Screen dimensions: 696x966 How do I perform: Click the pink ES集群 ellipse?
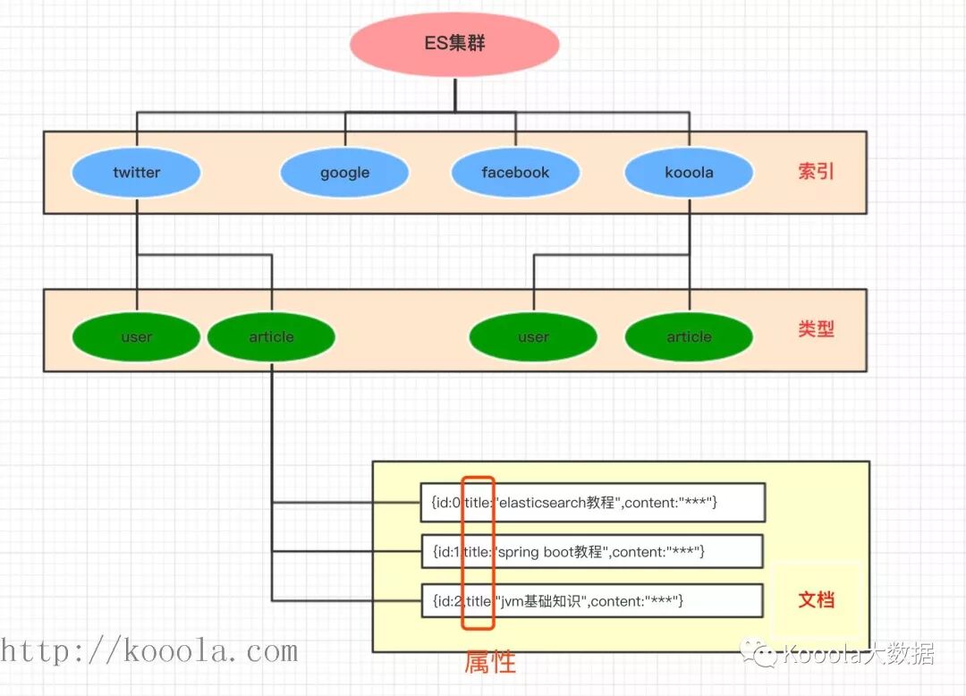(x=454, y=44)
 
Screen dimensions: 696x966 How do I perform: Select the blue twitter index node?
(x=137, y=173)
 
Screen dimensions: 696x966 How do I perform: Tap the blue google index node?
(x=344, y=173)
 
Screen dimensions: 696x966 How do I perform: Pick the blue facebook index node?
(x=515, y=173)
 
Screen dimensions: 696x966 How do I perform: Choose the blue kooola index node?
(x=689, y=173)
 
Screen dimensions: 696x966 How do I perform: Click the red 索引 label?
(x=816, y=172)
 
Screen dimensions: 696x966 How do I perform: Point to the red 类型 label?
(x=816, y=329)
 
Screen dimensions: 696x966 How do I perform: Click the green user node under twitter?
(x=137, y=337)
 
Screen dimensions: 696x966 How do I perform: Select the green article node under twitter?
(x=271, y=337)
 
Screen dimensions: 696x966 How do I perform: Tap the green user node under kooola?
(x=533, y=337)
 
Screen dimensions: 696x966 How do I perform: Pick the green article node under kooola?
(x=689, y=337)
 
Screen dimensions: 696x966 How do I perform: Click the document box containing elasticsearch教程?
(x=592, y=503)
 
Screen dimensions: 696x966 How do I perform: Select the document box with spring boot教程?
(x=592, y=552)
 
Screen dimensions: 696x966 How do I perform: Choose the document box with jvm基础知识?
(x=592, y=601)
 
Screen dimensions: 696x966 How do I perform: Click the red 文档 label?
(x=816, y=599)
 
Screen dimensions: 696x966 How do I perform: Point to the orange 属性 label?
(x=490, y=662)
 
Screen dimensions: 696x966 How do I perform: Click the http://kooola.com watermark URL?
(x=148, y=651)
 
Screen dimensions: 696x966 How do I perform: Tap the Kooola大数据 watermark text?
(x=859, y=655)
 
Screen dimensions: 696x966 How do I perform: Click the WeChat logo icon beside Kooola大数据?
(x=765, y=656)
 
